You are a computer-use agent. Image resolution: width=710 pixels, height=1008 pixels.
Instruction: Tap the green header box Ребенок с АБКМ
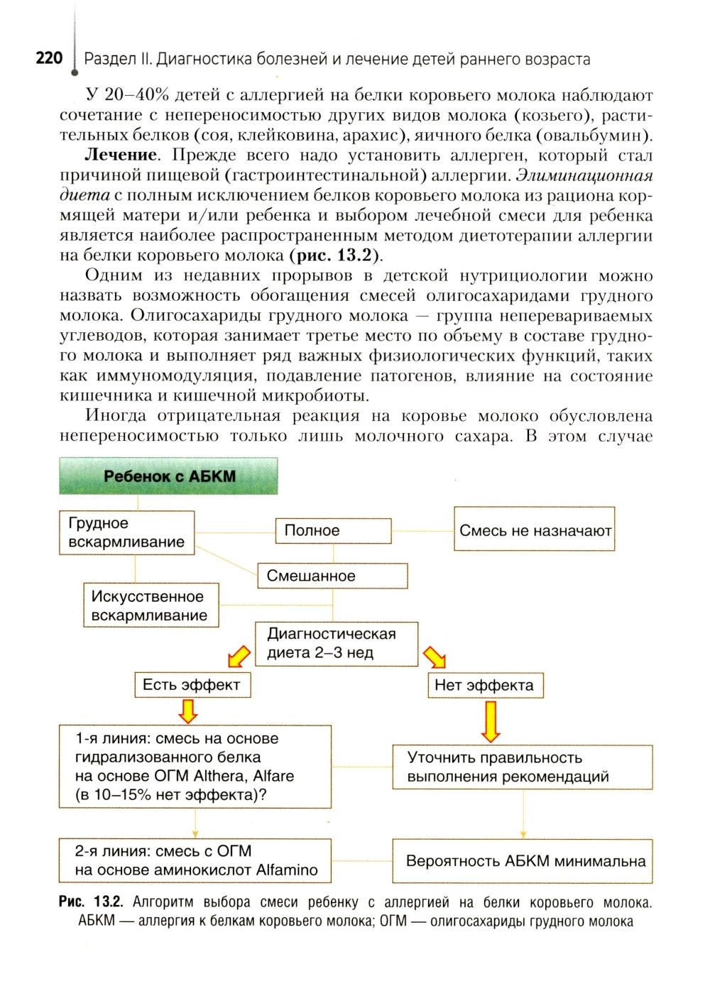169,476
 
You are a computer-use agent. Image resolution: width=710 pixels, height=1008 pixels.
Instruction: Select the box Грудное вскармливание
126,532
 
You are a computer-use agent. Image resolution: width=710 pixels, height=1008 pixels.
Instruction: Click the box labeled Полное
333,530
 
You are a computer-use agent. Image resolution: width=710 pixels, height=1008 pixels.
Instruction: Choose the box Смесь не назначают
535,530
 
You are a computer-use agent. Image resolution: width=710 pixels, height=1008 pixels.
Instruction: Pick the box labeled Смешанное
332,576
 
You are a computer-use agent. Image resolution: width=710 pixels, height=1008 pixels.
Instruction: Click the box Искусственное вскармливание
151,606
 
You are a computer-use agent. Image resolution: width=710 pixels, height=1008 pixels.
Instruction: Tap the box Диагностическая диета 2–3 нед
337,643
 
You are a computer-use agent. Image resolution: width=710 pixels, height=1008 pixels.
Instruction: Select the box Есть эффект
192,685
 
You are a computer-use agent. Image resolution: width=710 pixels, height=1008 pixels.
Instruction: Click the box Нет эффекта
484,685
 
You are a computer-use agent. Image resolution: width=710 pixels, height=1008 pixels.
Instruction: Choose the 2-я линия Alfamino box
195,860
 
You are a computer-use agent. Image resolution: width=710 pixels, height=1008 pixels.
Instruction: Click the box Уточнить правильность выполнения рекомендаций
522,767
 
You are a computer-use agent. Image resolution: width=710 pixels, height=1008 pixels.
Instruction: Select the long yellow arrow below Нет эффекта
491,720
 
